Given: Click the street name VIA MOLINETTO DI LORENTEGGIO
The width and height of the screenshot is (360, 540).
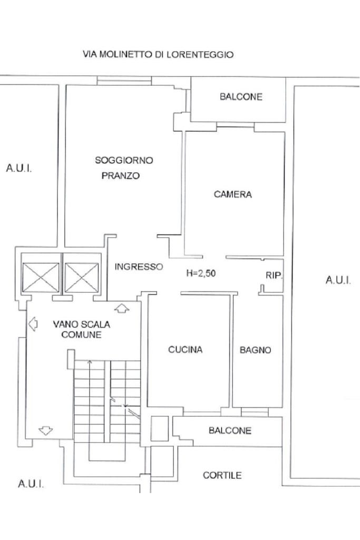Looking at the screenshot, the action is click(x=158, y=54).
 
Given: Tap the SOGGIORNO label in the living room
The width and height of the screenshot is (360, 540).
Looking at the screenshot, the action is click(x=124, y=160).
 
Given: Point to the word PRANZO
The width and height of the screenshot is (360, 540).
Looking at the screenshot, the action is click(x=121, y=175).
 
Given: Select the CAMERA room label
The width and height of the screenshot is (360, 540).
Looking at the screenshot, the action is click(x=233, y=194).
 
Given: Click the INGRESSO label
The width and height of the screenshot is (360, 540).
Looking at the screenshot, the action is click(x=139, y=267).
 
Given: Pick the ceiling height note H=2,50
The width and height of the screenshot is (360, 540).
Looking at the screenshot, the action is click(x=201, y=273).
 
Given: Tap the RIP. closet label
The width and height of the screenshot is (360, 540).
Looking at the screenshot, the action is click(x=274, y=275).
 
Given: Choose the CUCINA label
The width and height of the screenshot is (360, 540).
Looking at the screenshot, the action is click(x=186, y=350).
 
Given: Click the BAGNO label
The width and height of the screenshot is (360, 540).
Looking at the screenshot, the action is click(x=256, y=350).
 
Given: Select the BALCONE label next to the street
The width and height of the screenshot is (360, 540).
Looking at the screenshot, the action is click(x=241, y=96).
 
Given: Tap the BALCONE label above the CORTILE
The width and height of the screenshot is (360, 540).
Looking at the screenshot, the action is click(x=230, y=430).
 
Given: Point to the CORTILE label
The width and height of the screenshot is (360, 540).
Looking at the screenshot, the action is click(x=222, y=475).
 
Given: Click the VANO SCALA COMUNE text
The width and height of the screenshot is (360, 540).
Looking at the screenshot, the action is click(x=82, y=329).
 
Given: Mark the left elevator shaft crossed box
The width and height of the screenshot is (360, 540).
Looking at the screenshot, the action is click(x=41, y=278).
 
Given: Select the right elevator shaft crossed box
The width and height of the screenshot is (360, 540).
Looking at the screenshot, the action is click(x=82, y=278).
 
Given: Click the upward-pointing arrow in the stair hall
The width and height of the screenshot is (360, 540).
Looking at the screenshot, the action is click(x=122, y=308).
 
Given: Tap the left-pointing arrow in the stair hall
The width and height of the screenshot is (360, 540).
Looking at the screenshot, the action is click(x=33, y=323).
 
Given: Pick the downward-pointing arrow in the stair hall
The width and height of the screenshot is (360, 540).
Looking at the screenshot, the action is click(x=45, y=430).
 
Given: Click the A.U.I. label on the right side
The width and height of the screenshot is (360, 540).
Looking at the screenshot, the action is click(x=338, y=280).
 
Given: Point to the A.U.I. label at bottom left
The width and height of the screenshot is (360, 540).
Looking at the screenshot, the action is click(x=31, y=484).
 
